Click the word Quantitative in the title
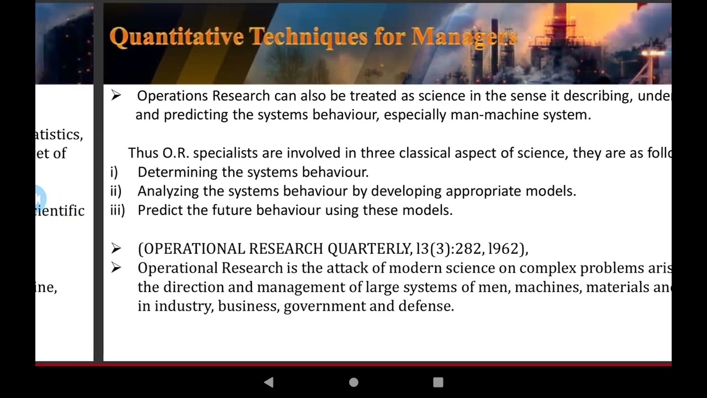tap(176, 37)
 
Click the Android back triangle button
tap(268, 382)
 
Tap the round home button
tap(353, 382)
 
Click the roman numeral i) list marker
tap(114, 172)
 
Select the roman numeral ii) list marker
tap(115, 191)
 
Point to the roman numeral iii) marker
tap(117, 211)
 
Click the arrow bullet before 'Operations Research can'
tap(115, 96)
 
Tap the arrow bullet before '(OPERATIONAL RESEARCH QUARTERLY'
tap(115, 249)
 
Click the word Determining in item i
tap(177, 172)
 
